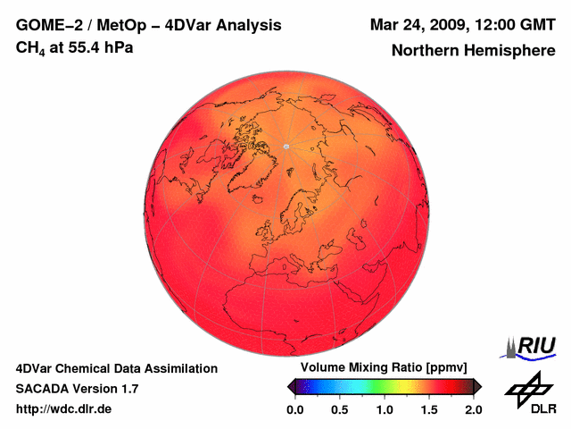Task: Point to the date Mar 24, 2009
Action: (x=415, y=25)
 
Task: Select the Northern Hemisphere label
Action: (x=473, y=51)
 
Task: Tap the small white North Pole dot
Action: (x=285, y=146)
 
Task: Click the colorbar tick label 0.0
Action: (x=294, y=409)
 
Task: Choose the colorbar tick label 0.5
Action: (x=339, y=409)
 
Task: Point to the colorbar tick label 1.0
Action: (x=384, y=409)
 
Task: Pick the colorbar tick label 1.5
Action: (x=428, y=409)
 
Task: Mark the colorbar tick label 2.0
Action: (x=473, y=409)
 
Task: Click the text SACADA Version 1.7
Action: (x=77, y=389)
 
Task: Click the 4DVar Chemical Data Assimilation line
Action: (x=116, y=368)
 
